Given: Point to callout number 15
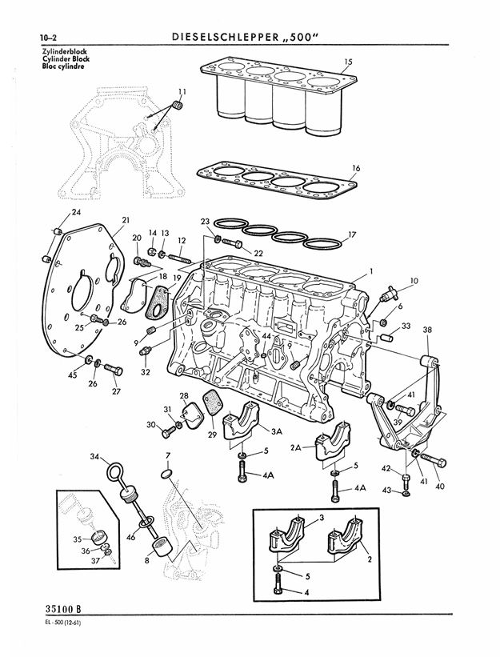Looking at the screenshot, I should click(348, 61).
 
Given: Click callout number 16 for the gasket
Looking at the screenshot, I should click(356, 168).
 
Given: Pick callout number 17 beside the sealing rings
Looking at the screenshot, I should click(351, 234).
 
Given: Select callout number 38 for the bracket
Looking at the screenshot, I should click(427, 329).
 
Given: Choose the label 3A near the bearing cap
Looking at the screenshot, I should click(277, 431).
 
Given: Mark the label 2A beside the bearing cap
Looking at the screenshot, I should click(295, 448).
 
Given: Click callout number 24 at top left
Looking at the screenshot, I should click(76, 212).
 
